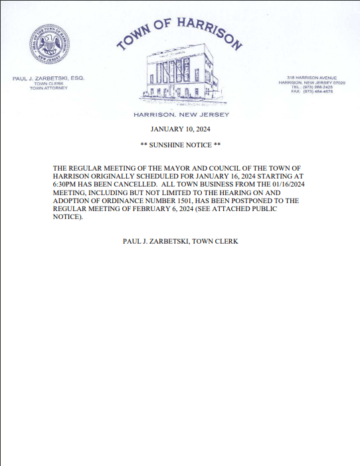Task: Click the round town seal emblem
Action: click(x=48, y=46)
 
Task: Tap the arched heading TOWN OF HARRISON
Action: click(x=179, y=33)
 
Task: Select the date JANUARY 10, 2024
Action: click(x=181, y=129)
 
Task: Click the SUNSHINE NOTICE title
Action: click(x=181, y=145)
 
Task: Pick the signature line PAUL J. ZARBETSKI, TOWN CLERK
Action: click(x=181, y=242)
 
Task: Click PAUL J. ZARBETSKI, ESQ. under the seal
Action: click(x=48, y=78)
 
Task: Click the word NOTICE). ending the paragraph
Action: click(x=68, y=217)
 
